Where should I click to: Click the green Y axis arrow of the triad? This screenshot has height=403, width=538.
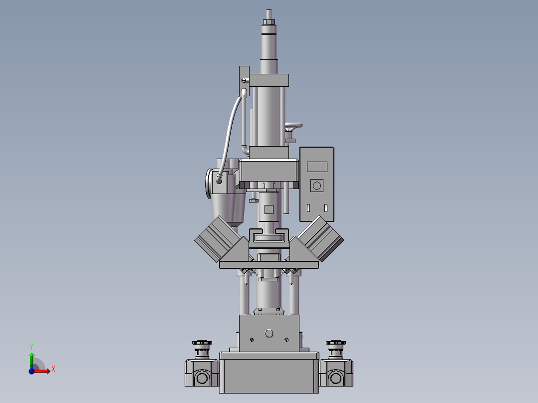pos(31,356)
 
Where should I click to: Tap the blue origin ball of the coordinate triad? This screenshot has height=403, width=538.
pos(31,371)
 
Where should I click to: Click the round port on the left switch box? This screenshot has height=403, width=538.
pos(202,378)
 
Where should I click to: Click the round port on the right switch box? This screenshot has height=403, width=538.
pos(335,378)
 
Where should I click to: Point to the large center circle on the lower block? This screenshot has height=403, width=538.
pos(269,333)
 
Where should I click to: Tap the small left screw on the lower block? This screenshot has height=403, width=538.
pos(252,339)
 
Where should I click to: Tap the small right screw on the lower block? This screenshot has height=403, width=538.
pos(286,339)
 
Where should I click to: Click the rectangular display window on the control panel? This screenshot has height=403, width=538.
pos(317,167)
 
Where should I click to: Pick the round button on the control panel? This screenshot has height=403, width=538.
pos(316,186)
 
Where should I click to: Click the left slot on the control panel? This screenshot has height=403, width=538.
pos(308,208)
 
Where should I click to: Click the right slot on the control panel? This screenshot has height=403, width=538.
pos(326,208)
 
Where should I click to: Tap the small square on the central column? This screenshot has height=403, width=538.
pos(269,209)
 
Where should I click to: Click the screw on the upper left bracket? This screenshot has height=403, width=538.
pos(244,80)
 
